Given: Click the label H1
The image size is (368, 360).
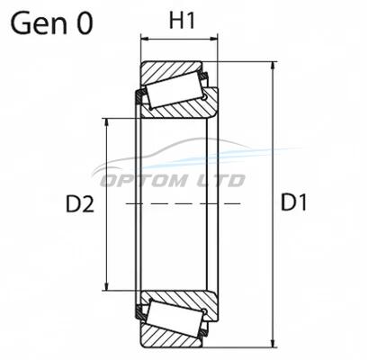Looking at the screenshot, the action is [x=182, y=21].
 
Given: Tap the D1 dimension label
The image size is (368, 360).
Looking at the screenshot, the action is [x=293, y=202].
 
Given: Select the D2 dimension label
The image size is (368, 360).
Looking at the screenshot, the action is [x=80, y=204].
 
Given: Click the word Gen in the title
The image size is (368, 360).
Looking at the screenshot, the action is [x=39, y=23].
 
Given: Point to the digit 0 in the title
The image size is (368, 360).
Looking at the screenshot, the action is [x=85, y=23].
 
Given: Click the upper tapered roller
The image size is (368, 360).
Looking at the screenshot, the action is [x=175, y=89].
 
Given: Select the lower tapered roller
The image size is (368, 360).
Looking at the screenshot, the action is [x=175, y=319].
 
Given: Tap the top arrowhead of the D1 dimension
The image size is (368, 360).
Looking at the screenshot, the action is [x=273, y=66].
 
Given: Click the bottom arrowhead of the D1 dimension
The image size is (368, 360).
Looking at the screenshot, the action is [x=273, y=343].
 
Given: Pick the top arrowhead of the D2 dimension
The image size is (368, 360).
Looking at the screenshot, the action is [x=106, y=122].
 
